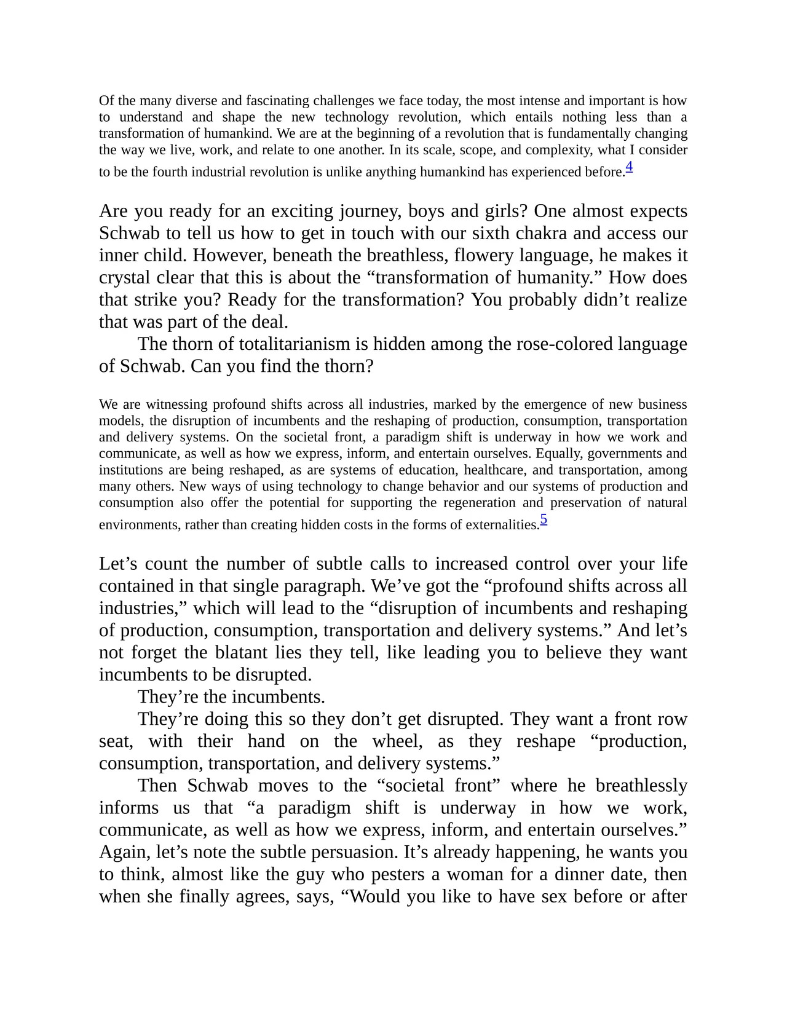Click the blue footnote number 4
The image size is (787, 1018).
click(629, 167)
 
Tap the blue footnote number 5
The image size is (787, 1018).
click(544, 519)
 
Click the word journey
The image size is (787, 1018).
click(369, 211)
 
